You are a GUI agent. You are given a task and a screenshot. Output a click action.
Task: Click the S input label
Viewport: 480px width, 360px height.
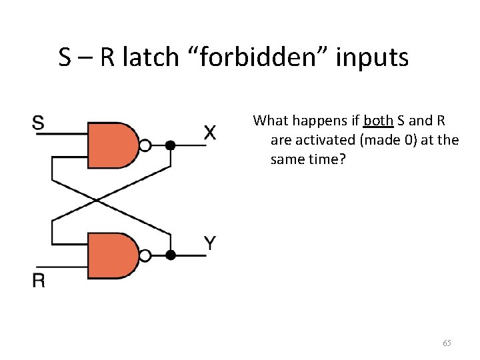[x=39, y=123]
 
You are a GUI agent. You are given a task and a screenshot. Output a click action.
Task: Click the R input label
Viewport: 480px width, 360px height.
[x=39, y=280]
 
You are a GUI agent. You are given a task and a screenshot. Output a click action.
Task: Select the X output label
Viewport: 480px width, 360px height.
[x=209, y=133]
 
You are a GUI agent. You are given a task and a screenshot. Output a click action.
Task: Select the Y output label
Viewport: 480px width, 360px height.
[x=209, y=243]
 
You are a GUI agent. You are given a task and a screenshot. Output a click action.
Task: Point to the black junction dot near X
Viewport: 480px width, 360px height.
[x=171, y=145]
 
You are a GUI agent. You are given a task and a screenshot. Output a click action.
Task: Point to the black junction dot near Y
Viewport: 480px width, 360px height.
[x=171, y=255]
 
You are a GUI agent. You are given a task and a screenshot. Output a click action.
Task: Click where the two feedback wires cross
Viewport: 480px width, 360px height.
[x=97, y=199]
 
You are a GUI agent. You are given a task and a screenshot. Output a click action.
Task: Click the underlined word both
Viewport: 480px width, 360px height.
[x=378, y=121]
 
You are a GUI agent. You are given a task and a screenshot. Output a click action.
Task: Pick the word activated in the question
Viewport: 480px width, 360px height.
[x=317, y=141]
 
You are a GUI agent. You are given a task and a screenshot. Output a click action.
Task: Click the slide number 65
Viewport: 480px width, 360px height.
[x=447, y=343]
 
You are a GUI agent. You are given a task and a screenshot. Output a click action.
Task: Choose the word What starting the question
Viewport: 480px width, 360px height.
[x=269, y=121]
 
